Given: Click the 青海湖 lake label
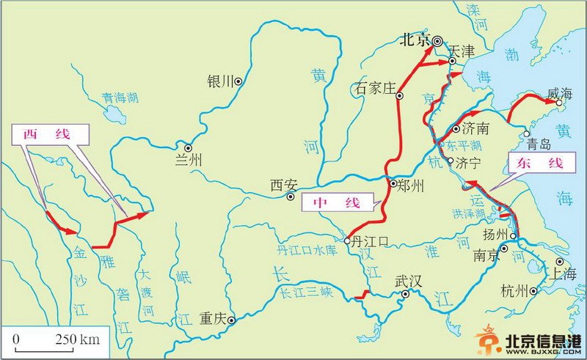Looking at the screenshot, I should point(120,97).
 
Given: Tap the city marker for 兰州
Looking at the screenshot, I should point(188,147).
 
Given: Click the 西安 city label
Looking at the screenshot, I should point(282,185).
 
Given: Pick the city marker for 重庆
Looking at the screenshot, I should point(230,320).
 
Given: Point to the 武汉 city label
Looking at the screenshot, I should point(409,282).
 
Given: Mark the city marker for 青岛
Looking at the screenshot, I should point(527,133).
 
